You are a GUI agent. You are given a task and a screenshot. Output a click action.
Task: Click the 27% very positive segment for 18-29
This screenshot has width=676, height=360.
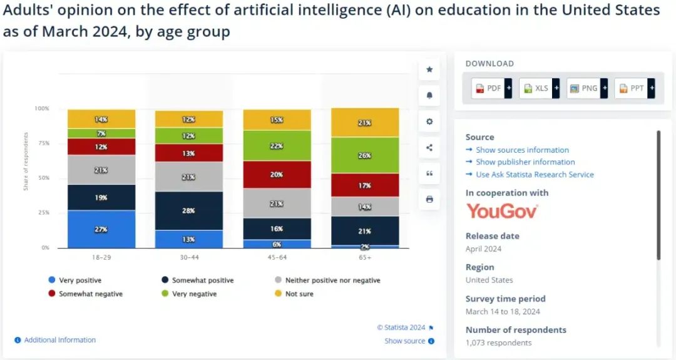point(101,229)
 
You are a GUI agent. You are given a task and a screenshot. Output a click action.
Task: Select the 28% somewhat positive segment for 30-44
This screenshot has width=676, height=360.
point(189,211)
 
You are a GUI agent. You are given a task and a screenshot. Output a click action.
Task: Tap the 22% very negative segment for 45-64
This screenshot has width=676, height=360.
point(277,145)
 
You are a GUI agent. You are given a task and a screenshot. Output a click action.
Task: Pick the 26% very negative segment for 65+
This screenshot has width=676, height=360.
point(364,155)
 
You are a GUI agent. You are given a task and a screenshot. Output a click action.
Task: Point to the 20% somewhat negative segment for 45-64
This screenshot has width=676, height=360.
point(277,175)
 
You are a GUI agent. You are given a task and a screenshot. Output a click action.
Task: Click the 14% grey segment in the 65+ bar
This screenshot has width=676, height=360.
point(364,207)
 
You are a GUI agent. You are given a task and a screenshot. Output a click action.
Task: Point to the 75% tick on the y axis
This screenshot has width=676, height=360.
point(43,143)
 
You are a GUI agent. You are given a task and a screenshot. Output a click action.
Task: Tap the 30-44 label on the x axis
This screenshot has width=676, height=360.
point(189,257)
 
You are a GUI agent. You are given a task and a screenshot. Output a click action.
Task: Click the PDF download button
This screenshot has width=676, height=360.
point(488,88)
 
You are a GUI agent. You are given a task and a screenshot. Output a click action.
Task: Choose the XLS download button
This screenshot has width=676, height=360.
point(536,88)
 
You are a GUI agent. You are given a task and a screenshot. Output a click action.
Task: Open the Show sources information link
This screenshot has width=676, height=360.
point(522,150)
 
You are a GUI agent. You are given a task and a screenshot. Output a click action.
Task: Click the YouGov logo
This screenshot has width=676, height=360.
point(501,211)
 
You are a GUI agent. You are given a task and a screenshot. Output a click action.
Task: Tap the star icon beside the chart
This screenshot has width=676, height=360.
point(429,69)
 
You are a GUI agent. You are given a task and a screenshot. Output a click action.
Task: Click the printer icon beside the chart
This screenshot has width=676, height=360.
point(429,199)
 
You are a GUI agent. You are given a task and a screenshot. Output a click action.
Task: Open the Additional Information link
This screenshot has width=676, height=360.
point(59,340)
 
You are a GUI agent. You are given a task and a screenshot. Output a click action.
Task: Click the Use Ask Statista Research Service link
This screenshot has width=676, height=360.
point(535,175)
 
